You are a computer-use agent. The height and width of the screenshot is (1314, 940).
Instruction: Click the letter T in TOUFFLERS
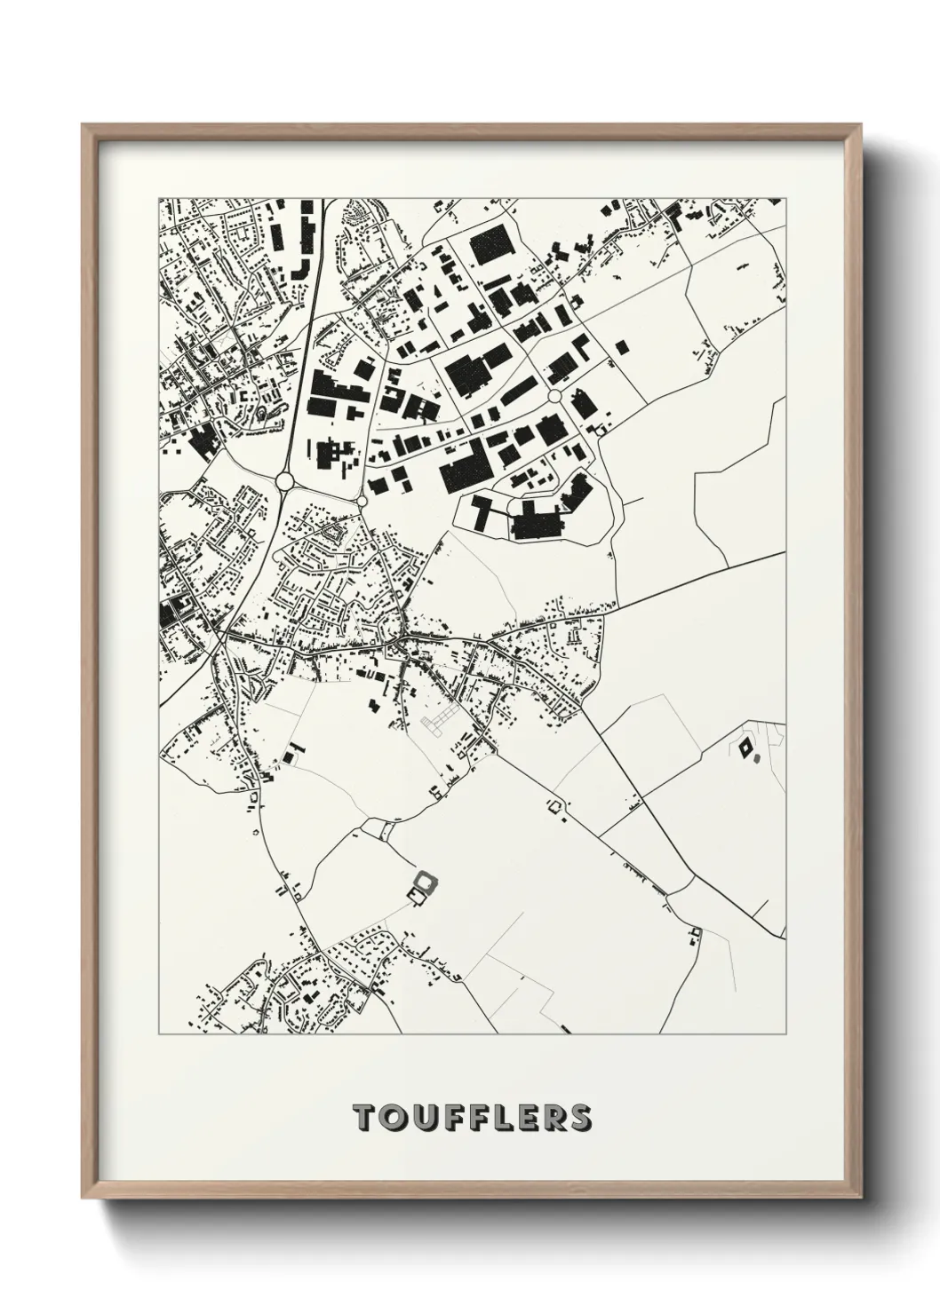(364, 1117)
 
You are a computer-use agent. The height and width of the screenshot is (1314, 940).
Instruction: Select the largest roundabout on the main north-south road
(285, 480)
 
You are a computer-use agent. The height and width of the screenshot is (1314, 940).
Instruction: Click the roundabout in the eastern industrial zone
(555, 395)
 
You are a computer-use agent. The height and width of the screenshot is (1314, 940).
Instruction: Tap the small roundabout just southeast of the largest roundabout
(362, 503)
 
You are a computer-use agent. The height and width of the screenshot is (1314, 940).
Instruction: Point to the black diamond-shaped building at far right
(745, 748)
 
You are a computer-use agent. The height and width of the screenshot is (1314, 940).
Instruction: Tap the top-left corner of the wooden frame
(84, 125)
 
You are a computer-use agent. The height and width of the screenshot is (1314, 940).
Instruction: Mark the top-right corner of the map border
(786, 197)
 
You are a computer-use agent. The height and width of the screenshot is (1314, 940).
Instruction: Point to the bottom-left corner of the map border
(159, 1034)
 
